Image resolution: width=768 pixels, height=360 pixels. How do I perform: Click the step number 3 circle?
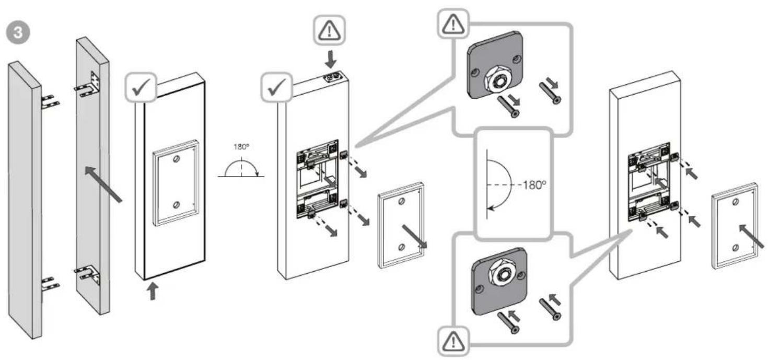click(18, 33)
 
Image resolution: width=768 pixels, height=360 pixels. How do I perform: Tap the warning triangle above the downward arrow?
click(329, 30)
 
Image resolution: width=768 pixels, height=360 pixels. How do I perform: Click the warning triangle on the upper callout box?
click(453, 24)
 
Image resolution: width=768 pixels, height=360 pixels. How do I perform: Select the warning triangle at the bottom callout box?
click(453, 342)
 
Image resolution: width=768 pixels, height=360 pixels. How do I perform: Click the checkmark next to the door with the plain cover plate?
click(141, 87)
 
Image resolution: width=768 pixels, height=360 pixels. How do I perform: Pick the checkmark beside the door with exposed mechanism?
click(277, 87)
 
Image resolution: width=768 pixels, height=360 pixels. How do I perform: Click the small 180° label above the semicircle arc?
click(241, 147)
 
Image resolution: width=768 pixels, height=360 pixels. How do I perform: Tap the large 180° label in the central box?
click(534, 185)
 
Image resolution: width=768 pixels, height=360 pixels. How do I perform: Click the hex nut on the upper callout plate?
click(497, 80)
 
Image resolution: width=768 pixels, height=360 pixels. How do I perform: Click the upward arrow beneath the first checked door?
click(153, 291)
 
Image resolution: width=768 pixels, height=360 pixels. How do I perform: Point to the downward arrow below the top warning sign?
click(331, 59)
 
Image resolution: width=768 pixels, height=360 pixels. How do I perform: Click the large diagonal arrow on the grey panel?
click(103, 184)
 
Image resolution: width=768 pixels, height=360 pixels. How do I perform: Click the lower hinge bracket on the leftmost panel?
click(50, 284)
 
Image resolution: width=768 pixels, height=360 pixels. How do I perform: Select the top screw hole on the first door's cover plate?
click(176, 159)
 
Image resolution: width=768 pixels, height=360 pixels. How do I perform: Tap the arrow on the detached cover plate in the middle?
click(414, 236)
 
